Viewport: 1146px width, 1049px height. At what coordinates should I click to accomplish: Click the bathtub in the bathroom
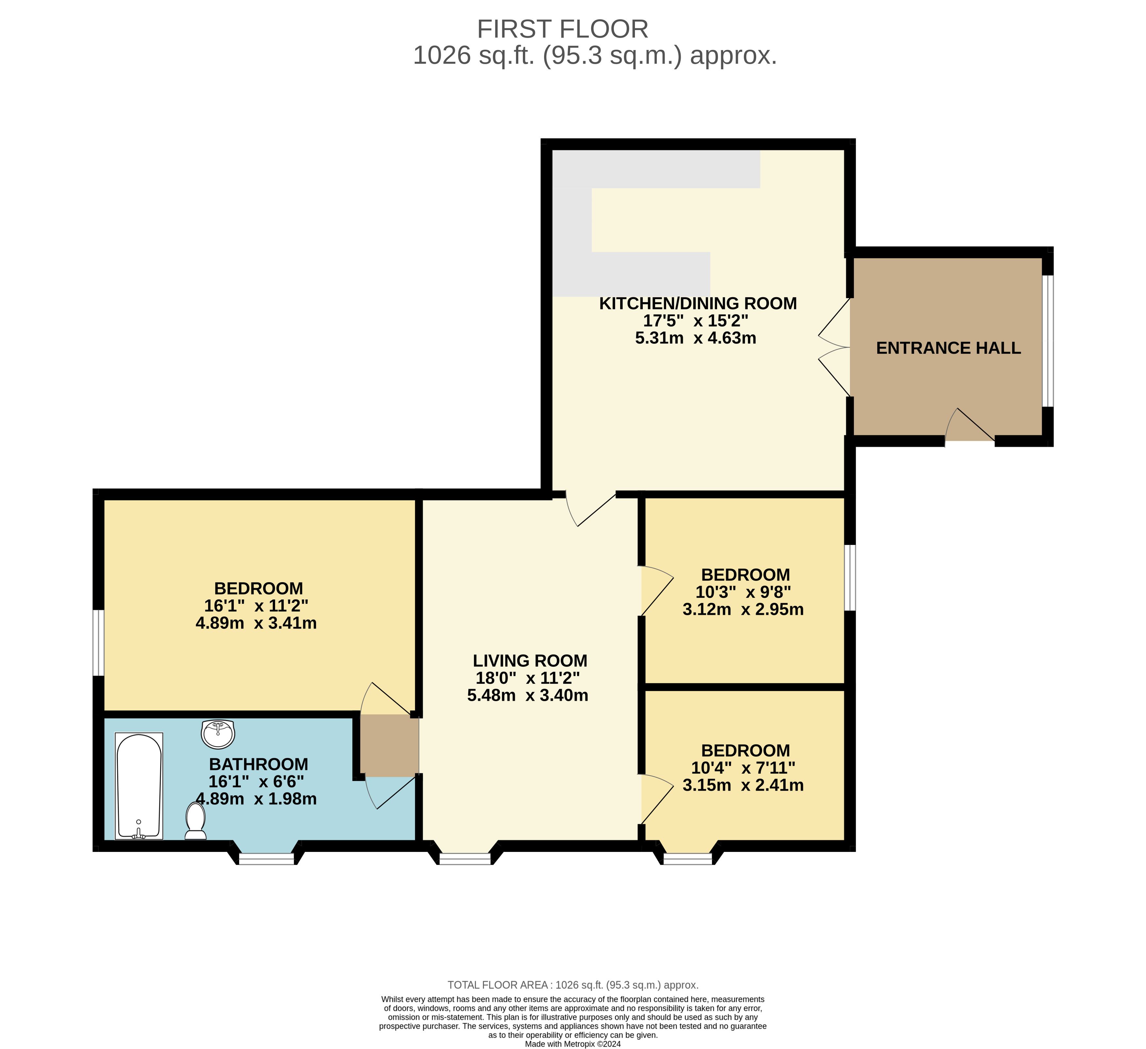point(139,786)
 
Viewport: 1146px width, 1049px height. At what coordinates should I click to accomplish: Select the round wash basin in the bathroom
point(218,734)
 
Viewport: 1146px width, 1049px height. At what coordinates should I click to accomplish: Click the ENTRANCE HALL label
point(948,348)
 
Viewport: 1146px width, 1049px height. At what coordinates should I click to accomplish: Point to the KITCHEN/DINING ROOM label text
point(698,303)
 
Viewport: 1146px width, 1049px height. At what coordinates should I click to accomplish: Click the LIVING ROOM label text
point(530,661)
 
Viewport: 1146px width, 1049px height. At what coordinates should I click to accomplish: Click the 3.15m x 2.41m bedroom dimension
point(743,785)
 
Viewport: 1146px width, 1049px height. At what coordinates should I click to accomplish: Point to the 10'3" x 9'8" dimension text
point(743,592)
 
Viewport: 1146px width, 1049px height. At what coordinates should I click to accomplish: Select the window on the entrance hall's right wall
point(1048,341)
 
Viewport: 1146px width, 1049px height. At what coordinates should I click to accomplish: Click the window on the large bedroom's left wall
point(98,643)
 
